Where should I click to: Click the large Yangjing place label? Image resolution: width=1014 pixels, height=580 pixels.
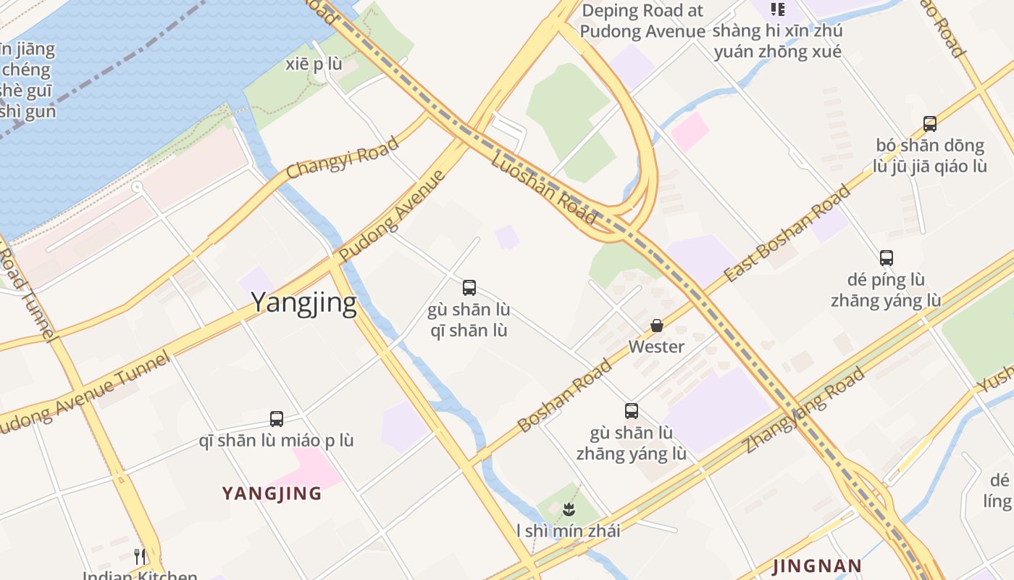(303, 302)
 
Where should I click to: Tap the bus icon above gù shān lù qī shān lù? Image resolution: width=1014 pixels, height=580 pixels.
(469, 288)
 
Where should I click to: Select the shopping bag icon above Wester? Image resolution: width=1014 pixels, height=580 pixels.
(657, 326)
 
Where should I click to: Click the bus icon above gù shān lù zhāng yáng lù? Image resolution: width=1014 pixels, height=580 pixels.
(632, 411)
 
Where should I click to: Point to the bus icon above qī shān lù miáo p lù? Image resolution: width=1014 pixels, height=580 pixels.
(277, 418)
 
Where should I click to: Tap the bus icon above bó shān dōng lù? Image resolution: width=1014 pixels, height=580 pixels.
(930, 124)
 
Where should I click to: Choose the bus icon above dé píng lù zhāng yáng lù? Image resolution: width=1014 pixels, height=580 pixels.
(887, 257)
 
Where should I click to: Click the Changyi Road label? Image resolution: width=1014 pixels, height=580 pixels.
(343, 157)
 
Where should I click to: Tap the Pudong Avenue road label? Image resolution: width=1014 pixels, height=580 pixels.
(391, 216)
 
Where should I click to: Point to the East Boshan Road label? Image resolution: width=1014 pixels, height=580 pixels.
(787, 233)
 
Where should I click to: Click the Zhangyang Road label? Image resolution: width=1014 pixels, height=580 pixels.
(805, 410)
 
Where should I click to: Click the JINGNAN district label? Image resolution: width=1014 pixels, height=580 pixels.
(817, 565)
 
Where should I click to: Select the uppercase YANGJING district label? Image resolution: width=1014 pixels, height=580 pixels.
(272, 494)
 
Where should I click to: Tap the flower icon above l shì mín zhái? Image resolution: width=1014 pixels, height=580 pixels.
(569, 509)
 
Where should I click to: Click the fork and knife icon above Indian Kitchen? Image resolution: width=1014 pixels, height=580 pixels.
(140, 557)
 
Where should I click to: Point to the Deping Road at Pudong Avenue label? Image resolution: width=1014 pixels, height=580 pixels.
(642, 21)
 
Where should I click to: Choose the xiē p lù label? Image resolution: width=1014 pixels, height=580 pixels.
(314, 65)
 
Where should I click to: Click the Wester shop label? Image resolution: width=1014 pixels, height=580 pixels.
(656, 347)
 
